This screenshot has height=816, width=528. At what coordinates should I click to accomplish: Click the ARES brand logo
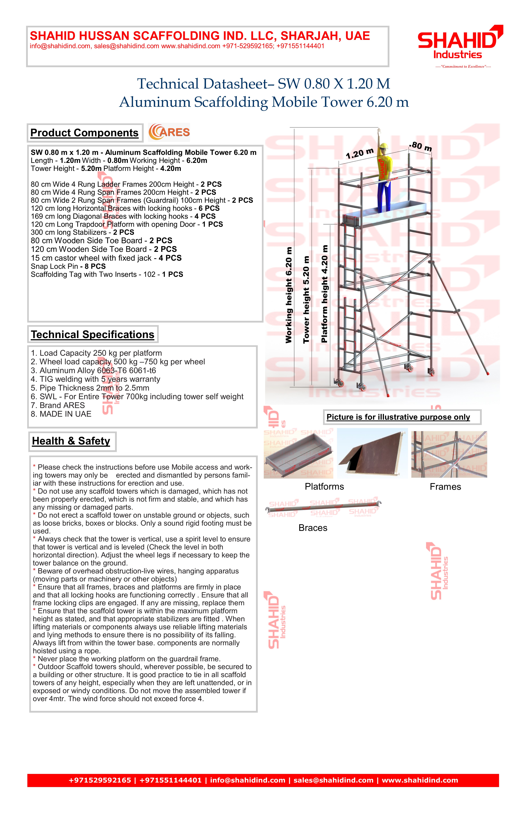[169, 132]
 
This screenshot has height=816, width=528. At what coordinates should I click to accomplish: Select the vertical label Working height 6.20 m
[289, 295]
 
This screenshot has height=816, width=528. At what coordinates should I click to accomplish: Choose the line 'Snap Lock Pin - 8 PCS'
[68, 266]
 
